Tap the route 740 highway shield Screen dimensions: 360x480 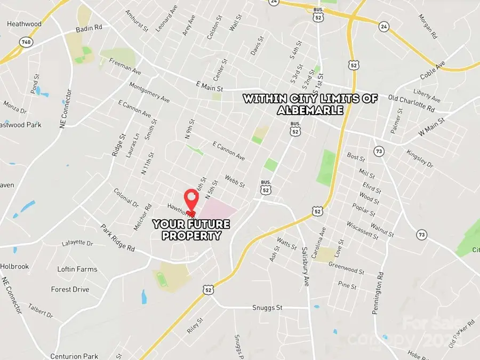25,42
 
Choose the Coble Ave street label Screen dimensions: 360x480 433,73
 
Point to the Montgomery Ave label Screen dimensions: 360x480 149,93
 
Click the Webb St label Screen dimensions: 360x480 235,181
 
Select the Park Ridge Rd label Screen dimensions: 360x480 118,237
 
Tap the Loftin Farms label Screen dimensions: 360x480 77,269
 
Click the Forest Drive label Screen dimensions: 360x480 70,289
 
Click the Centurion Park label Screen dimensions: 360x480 74,356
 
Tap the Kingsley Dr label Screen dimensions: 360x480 420,158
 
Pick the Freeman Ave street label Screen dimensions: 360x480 125,74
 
